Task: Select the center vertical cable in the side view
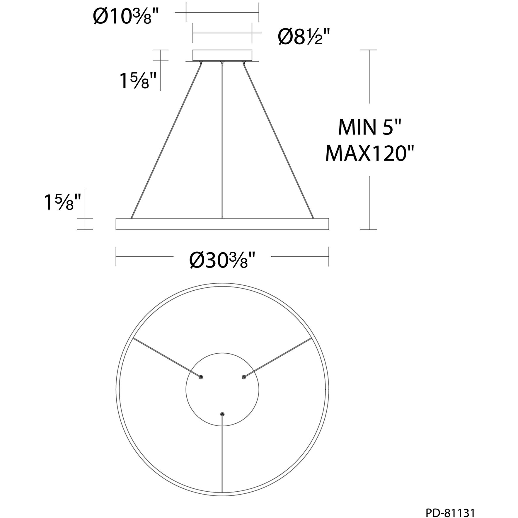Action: pyautogui.click(x=222, y=141)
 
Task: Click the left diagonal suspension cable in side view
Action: pyautogui.click(x=166, y=141)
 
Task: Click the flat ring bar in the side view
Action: pyautogui.click(x=222, y=224)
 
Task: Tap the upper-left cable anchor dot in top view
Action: pyautogui.click(x=201, y=377)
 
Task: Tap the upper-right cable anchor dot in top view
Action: pyautogui.click(x=243, y=377)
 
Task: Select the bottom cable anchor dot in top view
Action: pyautogui.click(x=222, y=414)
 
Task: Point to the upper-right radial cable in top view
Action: pyautogui.click(x=277, y=358)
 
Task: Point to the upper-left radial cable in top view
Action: pyautogui.click(x=167, y=358)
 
